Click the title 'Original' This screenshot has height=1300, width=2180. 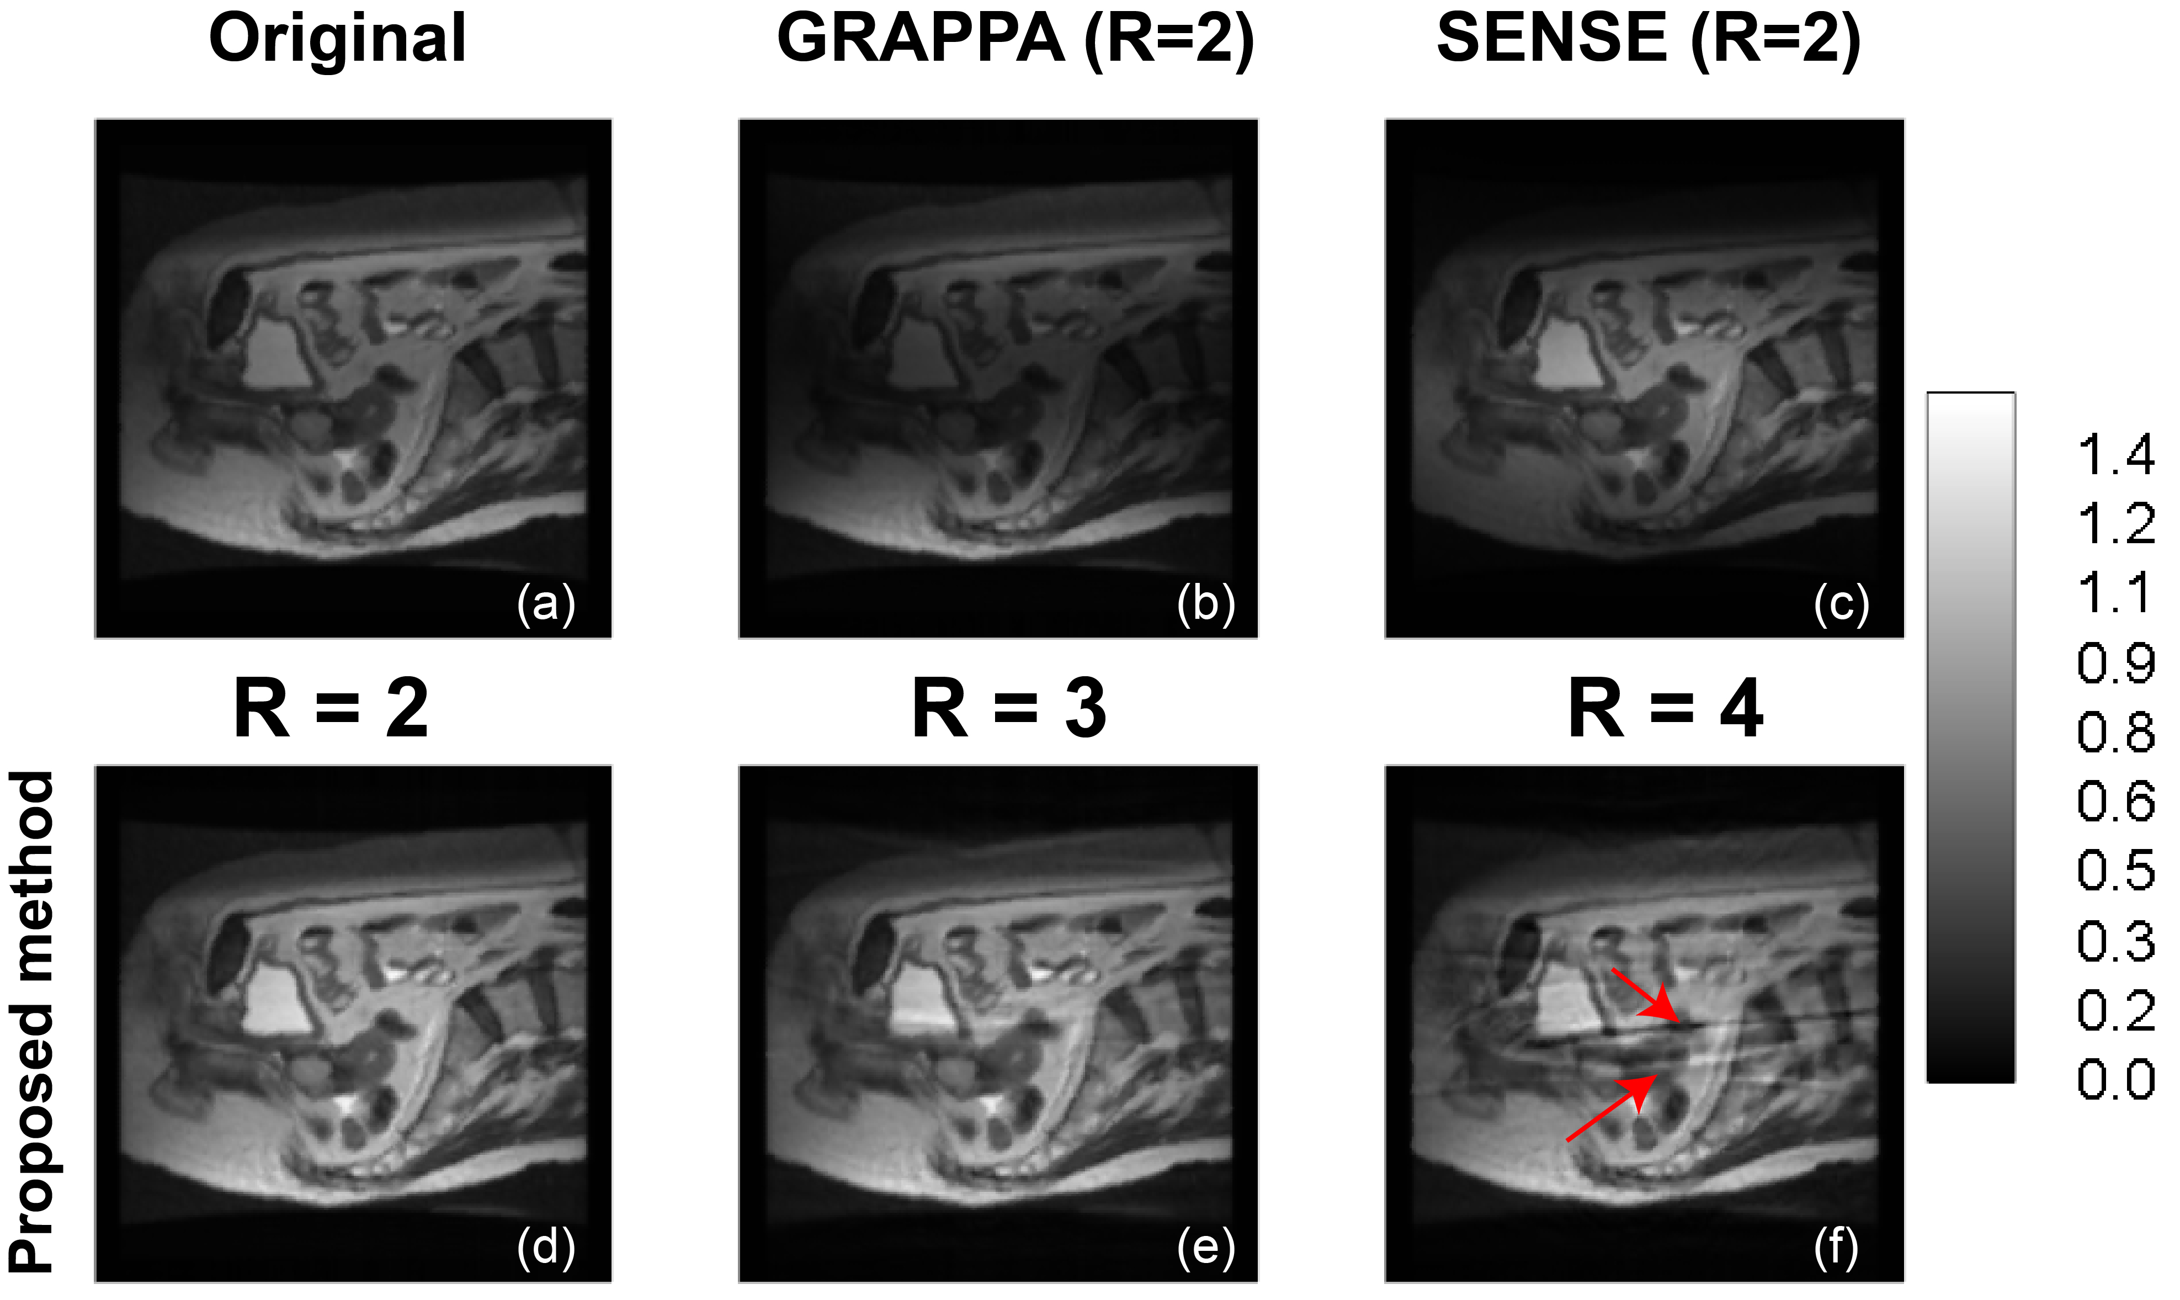pyautogui.click(x=337, y=39)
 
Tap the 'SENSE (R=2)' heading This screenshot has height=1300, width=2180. pyautogui.click(x=1649, y=39)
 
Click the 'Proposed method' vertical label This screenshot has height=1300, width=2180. pyautogui.click(x=33, y=1021)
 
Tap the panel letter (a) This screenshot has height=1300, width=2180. pyautogui.click(x=546, y=603)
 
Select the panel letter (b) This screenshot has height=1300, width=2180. pyautogui.click(x=1205, y=603)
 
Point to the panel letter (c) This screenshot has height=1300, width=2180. pyautogui.click(x=1841, y=603)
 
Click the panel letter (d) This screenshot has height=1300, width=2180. pyautogui.click(x=546, y=1248)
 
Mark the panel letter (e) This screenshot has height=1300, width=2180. pyautogui.click(x=1205, y=1248)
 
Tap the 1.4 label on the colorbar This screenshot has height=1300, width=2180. pyautogui.click(x=2115, y=455)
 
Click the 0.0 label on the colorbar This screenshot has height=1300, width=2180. pyautogui.click(x=2115, y=1079)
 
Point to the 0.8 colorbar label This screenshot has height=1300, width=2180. pyautogui.click(x=2115, y=733)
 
